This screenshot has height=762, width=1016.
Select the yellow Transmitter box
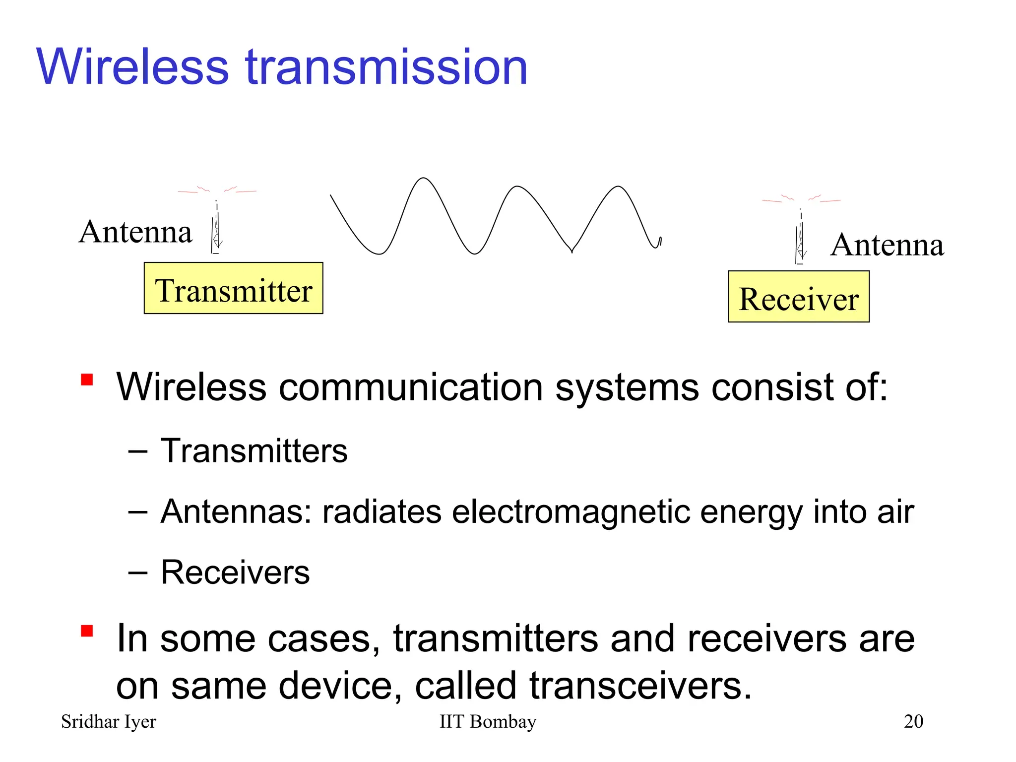pos(233,288)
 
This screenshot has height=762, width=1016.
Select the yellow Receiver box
pos(798,297)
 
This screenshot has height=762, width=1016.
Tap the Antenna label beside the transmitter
pos(135,232)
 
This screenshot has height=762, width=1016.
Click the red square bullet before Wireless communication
pos(87,380)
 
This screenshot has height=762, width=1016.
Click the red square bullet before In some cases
pos(87,631)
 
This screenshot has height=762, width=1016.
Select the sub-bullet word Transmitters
pos(254,451)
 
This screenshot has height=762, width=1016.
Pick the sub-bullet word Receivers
pos(235,572)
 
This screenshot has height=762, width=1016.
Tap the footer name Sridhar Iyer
pos(108,722)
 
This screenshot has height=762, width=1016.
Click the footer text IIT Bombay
pos(488,722)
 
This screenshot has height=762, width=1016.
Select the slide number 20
pos(913,722)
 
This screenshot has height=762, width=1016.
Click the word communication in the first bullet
pos(411,387)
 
